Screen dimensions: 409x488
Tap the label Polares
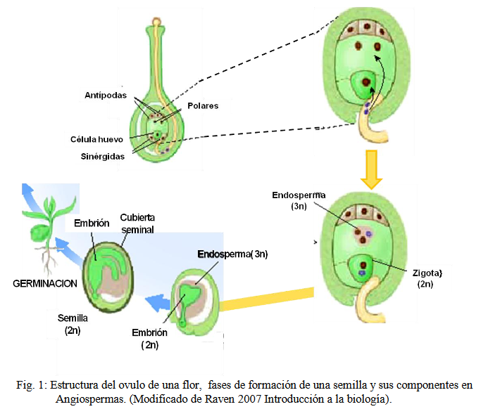203,106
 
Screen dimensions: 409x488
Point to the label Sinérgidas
103,157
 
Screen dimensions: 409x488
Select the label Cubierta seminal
137,223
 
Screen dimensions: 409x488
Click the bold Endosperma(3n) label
234,254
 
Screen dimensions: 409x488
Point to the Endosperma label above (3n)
299,196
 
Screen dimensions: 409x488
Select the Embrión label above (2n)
149,332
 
